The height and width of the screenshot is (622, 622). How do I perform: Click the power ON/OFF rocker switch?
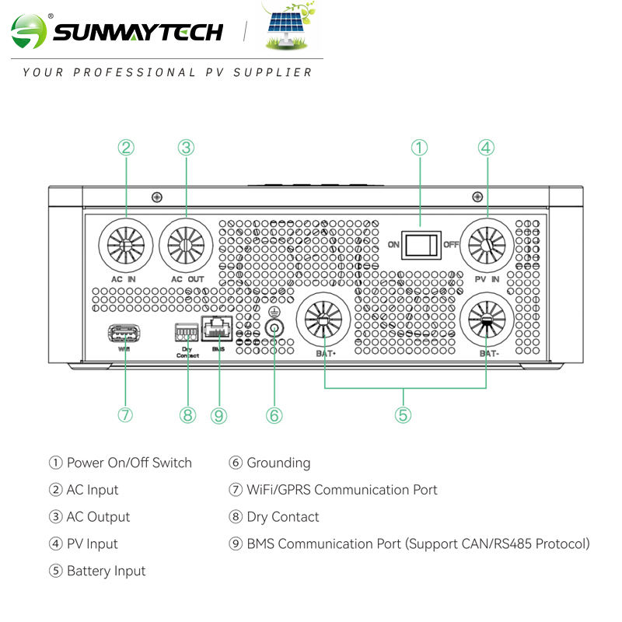(421, 245)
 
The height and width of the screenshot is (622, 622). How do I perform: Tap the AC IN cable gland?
(126, 245)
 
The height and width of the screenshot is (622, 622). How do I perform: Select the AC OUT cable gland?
(186, 245)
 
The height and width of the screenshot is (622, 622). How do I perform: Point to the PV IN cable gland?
(487, 245)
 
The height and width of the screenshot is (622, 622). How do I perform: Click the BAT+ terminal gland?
(323, 320)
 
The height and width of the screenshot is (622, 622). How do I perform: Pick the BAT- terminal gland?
(487, 320)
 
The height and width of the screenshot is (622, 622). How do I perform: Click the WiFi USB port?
(124, 334)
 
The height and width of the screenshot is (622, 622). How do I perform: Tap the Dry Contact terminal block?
(187, 332)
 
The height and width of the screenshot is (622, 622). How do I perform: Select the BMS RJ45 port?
(217, 328)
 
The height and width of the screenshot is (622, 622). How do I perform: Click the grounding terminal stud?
(274, 328)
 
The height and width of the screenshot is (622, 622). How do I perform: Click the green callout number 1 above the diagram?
(419, 148)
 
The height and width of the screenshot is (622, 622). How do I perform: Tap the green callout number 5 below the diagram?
(403, 415)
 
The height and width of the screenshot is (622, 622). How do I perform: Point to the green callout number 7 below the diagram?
(125, 415)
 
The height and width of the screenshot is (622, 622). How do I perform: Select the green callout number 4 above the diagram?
(487, 148)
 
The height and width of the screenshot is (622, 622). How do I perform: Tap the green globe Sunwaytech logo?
(29, 32)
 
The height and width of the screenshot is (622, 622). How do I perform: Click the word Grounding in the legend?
(278, 463)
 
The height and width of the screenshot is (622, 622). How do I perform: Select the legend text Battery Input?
(107, 571)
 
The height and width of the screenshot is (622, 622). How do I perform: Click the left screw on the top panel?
(157, 197)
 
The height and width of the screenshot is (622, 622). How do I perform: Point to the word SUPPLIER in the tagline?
(273, 72)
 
